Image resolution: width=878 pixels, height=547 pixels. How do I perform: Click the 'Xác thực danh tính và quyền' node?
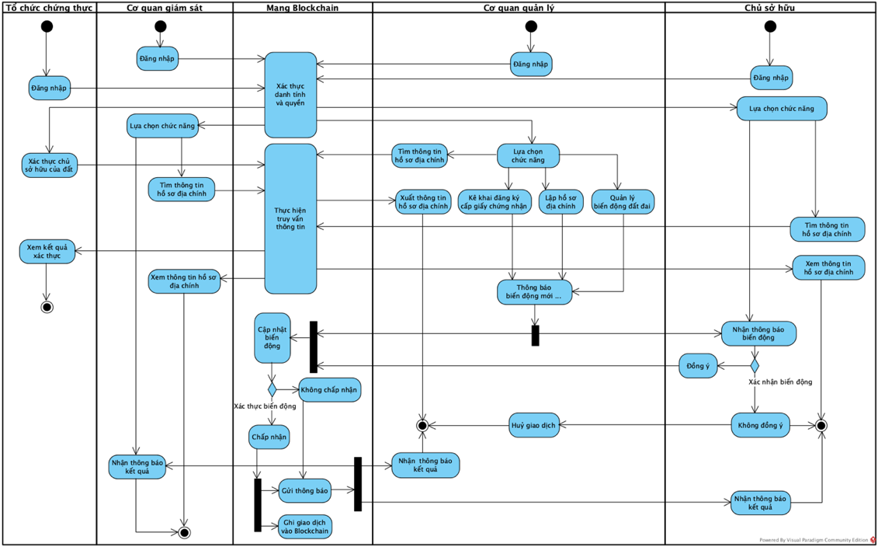coord(290,95)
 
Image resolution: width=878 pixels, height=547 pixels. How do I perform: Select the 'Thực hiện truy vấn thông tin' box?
coord(290,218)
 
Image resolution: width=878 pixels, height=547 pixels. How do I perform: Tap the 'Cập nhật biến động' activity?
coord(272,338)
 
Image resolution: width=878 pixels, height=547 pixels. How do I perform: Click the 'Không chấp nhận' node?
coord(330,389)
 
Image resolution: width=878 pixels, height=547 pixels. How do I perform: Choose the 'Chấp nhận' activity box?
coord(269,437)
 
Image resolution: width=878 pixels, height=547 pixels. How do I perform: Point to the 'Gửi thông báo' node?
coord(304,490)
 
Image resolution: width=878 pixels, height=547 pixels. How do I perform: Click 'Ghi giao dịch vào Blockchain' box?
coord(304,526)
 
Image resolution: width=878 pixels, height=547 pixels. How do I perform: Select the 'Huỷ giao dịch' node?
coord(533,425)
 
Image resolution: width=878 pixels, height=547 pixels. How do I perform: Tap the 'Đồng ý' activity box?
coord(698,366)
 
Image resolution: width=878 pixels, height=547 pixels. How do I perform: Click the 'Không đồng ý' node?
coord(760,425)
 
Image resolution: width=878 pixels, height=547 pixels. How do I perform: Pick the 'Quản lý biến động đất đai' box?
coord(623,201)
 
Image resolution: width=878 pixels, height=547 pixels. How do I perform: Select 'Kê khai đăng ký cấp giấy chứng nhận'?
coord(494,201)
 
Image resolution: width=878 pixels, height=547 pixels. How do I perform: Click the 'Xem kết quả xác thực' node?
coord(47,252)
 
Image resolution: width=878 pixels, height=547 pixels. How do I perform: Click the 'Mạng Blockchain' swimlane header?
coord(302,8)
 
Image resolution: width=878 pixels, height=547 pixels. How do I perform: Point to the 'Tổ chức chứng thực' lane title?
coord(49,8)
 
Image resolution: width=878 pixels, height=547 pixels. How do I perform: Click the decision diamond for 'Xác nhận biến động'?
coord(753,365)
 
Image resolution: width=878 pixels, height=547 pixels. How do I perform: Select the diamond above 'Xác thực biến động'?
coord(272,388)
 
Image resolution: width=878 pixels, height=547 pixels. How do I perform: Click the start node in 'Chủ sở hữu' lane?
coord(769,26)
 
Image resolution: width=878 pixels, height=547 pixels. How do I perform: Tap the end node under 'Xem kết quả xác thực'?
coord(47,307)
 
